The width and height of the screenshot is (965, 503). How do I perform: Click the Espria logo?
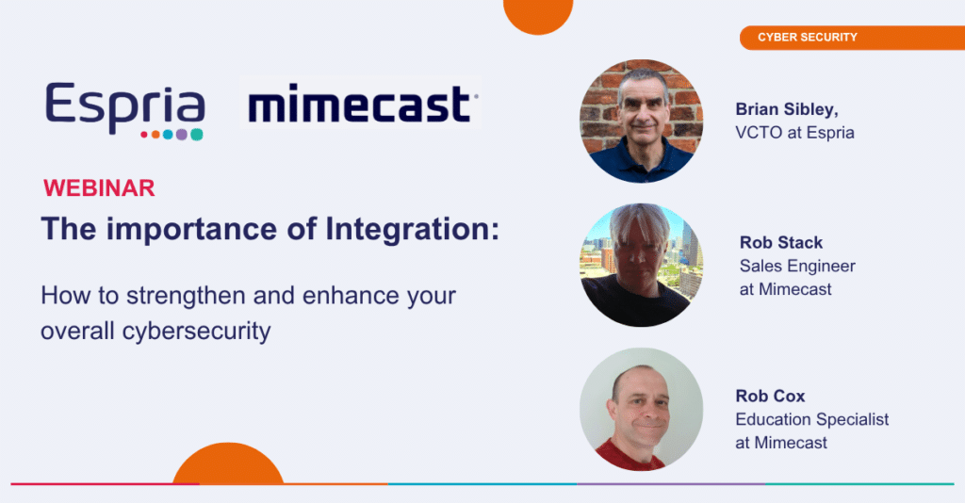pos(125,111)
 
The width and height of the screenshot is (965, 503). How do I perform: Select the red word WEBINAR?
pos(99,188)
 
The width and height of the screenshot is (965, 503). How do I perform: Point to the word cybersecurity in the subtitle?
pos(196,332)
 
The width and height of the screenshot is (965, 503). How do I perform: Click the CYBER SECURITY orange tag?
pos(852,38)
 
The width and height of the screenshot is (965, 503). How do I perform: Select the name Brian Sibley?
pos(787,109)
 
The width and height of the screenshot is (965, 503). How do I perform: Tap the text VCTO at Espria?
pos(794,133)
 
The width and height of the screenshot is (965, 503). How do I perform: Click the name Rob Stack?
pos(781,243)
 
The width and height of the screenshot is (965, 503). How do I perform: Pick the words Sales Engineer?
pos(797,267)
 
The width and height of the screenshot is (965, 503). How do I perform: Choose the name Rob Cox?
pos(770,396)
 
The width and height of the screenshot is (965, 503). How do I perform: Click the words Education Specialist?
pos(811,419)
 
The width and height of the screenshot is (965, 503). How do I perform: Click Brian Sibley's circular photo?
pos(641,122)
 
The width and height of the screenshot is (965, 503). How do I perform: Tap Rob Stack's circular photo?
pos(641,265)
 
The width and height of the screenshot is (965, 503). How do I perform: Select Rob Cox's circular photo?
pos(641,410)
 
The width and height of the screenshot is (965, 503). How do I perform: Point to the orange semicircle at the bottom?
pos(228,465)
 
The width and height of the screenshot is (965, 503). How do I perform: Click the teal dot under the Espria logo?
pos(196,135)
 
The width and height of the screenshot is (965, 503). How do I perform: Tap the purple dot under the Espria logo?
pos(182,135)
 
